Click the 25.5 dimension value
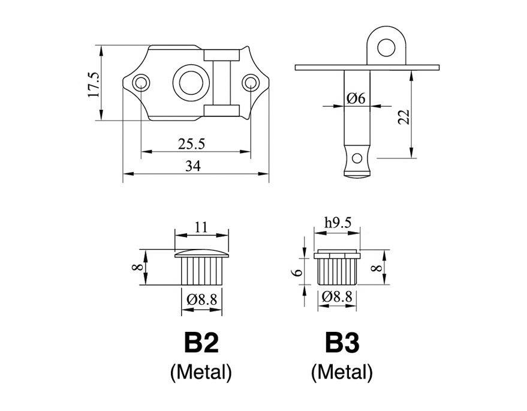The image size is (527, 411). [192, 144]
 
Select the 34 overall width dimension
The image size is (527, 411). [192, 167]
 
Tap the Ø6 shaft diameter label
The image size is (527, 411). [356, 98]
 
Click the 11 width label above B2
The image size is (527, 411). [201, 227]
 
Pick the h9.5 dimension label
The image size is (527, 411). [337, 223]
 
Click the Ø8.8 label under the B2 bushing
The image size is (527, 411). [202, 298]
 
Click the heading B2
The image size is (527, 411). [201, 344]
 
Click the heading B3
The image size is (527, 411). [342, 344]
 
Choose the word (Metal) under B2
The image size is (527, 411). [201, 373]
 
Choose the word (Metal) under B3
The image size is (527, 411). [342, 373]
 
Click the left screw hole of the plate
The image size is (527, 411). [141, 82]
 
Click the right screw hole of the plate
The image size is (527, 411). [251, 82]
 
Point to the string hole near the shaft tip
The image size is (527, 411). [358, 158]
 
